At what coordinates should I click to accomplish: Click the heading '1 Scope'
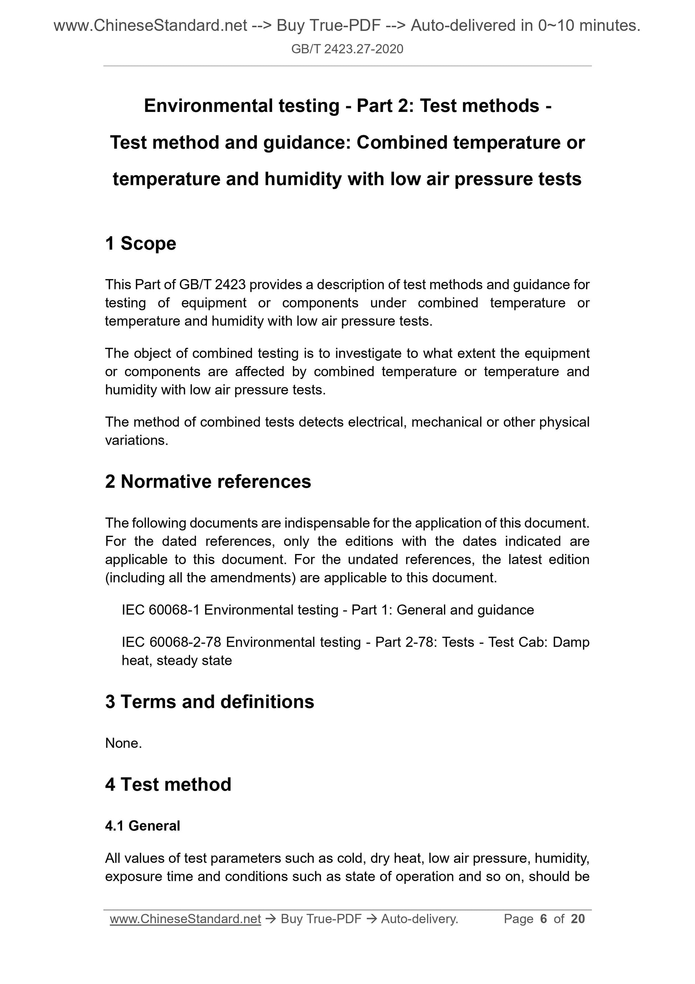click(x=140, y=243)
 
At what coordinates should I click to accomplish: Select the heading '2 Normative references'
click(x=208, y=481)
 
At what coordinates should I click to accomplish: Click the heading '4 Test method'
click(x=168, y=784)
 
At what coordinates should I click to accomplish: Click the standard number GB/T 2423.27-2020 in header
click(x=347, y=49)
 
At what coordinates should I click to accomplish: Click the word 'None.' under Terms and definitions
click(x=123, y=743)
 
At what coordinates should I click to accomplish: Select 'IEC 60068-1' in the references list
click(x=161, y=610)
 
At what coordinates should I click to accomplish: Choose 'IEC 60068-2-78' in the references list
click(x=171, y=642)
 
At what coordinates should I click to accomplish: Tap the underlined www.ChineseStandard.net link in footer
click(x=185, y=919)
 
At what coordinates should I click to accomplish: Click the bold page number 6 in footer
click(x=544, y=919)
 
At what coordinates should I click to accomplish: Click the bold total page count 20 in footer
click(x=577, y=919)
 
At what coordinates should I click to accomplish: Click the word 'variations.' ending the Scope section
click(x=136, y=440)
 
